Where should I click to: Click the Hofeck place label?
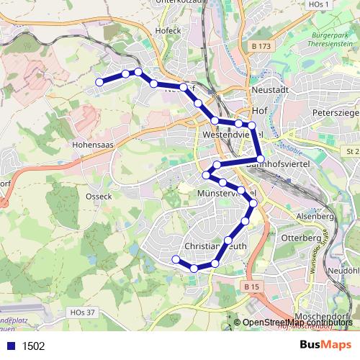pyautogui.click(x=167, y=31)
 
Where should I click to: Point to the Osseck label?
pyautogui.click(x=99, y=196)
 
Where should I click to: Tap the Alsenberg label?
pyautogui.click(x=314, y=215)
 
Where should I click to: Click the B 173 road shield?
pyautogui.click(x=264, y=47)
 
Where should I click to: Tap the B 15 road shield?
pyautogui.click(x=251, y=287)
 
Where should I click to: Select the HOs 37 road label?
pyautogui.click(x=84, y=312)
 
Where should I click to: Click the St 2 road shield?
pyautogui.click(x=352, y=151)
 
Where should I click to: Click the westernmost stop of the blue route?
pyautogui.click(x=99, y=82)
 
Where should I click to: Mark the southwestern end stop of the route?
pyautogui.click(x=176, y=259)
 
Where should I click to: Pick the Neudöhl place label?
pyautogui.click(x=343, y=270)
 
